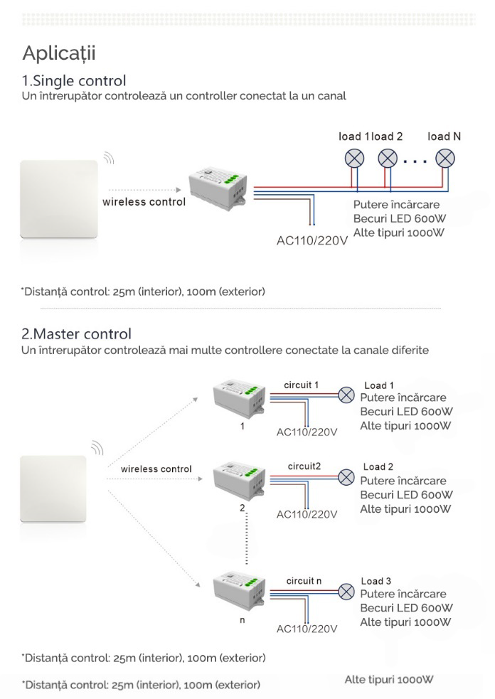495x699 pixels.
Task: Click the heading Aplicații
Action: point(59,53)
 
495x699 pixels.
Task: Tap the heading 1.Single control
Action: point(74,80)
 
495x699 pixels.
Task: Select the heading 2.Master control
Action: point(76,334)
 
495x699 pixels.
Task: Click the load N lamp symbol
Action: point(445,159)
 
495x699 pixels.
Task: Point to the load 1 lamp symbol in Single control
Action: point(354,159)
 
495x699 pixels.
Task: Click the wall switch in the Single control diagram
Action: point(59,199)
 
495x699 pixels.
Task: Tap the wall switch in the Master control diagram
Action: point(53,489)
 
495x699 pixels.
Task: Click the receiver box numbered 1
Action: point(239,398)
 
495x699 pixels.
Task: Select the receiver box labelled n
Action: point(239,592)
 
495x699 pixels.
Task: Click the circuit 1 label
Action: point(302,385)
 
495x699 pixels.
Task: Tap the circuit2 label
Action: point(304,466)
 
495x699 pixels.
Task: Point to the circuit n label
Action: point(304,581)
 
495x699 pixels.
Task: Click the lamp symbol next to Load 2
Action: point(346,477)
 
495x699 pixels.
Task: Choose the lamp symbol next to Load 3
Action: point(346,592)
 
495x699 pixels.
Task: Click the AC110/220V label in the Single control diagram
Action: point(312,241)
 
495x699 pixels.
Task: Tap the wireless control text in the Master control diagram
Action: point(156,469)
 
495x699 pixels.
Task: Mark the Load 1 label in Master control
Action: point(379,385)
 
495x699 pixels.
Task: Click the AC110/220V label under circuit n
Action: point(307,629)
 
